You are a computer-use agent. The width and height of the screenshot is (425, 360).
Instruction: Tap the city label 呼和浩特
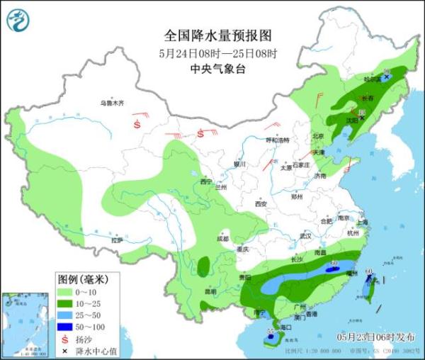[277, 140]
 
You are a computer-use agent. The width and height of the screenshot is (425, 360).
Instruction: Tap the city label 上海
[363, 223]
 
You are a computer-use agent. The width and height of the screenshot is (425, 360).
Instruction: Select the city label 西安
[261, 204]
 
